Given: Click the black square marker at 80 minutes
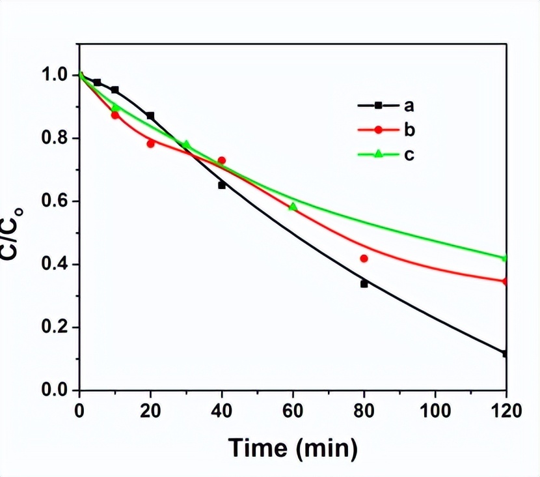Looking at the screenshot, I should coord(364,284).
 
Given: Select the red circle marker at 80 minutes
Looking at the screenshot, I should coord(364,259).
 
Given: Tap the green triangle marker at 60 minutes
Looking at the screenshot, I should coord(293,207).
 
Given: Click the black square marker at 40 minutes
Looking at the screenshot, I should coord(222,185).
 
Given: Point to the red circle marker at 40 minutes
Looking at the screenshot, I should coord(222,160).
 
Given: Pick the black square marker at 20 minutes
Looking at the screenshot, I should coord(150,116).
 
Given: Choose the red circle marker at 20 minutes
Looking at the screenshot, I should coord(150,143).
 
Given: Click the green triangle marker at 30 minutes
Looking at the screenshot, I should coord(186,144).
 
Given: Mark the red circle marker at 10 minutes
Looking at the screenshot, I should coord(115,115).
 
